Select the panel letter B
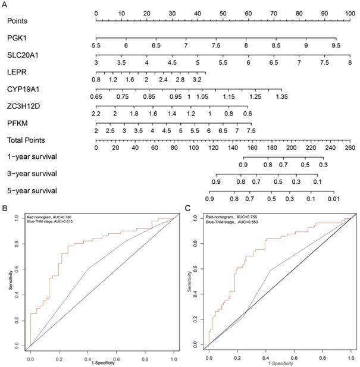[x=5, y=209]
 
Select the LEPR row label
[x=16, y=72]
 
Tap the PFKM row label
[x=16, y=124]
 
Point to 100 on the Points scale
[x=351, y=12]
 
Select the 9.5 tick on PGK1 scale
[x=336, y=45]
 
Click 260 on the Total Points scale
[x=350, y=148]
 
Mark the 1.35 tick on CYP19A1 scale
[x=282, y=96]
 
